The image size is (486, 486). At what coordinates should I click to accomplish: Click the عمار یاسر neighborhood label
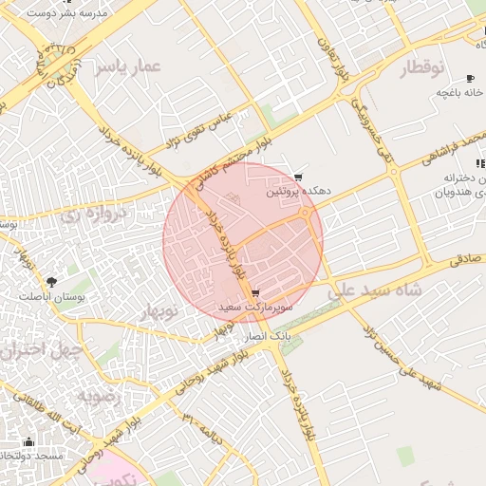pyautogui.click(x=133, y=65)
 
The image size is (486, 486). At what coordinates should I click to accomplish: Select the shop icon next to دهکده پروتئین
pyautogui.click(x=299, y=177)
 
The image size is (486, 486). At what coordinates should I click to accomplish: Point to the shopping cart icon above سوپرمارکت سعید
pyautogui.click(x=255, y=293)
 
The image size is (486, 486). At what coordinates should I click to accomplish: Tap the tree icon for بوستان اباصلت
pyautogui.click(x=50, y=281)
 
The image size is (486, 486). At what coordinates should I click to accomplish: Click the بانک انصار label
pyautogui.click(x=268, y=337)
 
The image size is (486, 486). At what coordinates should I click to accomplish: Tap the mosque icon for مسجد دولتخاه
pyautogui.click(x=28, y=441)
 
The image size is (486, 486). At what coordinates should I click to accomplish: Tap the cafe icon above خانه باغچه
pyautogui.click(x=469, y=78)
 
